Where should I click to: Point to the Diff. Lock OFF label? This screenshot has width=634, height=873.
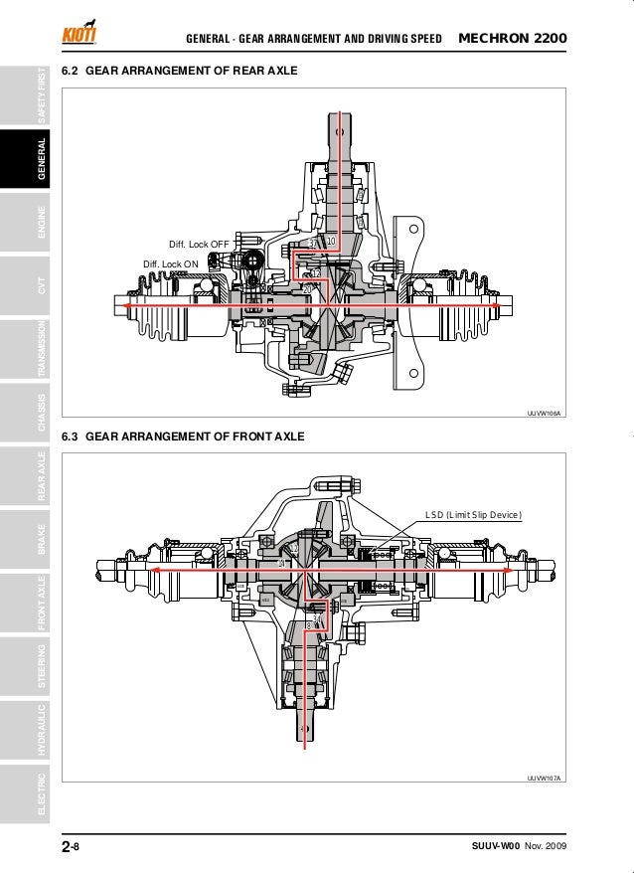pyautogui.click(x=199, y=244)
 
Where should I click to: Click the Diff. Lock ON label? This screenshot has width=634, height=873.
pyautogui.click(x=171, y=263)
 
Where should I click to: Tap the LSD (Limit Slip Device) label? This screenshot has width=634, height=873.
pyautogui.click(x=472, y=514)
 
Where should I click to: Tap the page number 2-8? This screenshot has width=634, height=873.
pyautogui.click(x=71, y=846)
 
